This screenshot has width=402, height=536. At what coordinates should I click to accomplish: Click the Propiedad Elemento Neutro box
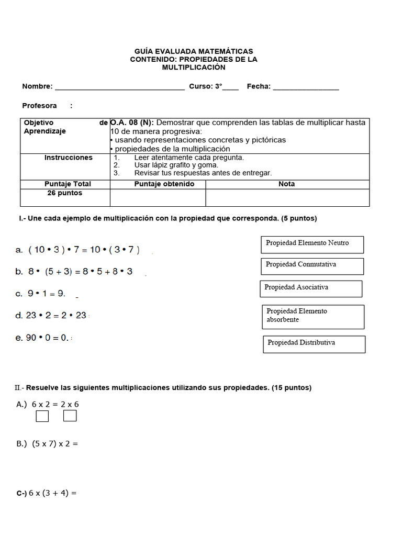tap(312, 244)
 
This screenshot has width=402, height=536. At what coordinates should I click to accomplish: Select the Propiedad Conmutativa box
tap(312, 266)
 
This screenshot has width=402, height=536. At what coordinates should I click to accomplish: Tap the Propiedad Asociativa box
tap(311, 288)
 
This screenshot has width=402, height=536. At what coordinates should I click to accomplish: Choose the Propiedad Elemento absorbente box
tap(313, 317)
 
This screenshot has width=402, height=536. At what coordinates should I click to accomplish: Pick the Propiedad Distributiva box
tap(314, 344)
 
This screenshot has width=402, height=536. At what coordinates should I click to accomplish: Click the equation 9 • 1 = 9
tap(47, 294)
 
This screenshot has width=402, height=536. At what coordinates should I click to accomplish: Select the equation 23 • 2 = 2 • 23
tap(58, 315)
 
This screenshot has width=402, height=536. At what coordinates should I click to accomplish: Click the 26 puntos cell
tap(65, 193)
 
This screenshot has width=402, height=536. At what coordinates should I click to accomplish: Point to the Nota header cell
tap(287, 184)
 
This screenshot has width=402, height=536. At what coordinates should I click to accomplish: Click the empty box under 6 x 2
tap(42, 416)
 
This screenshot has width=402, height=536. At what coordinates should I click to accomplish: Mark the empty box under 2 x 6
tap(70, 416)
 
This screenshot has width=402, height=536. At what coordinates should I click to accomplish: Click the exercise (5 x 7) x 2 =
tap(54, 444)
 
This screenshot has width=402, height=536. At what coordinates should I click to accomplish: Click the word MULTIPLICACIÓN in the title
tap(194, 68)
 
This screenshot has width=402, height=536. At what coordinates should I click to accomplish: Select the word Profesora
tap(40, 106)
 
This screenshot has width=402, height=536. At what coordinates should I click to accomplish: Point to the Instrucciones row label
tap(69, 158)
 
